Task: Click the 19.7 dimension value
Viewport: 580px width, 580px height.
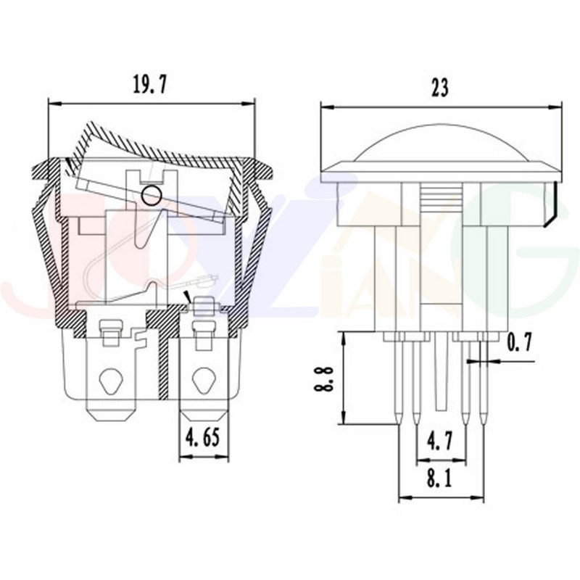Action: (150, 86)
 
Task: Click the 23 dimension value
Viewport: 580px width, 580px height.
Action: (440, 88)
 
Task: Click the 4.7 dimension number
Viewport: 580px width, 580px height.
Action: (440, 441)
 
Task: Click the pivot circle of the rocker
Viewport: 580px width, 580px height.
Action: (152, 194)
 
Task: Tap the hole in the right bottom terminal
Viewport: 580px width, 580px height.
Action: (204, 380)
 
